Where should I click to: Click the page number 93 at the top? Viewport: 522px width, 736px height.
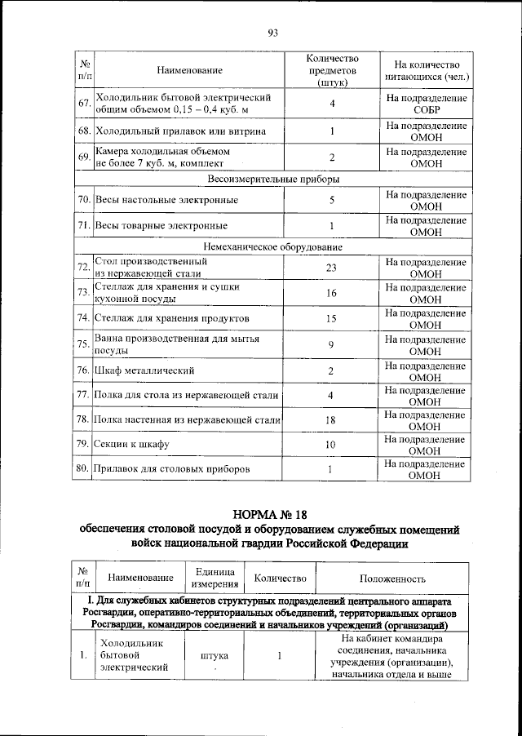click(x=272, y=33)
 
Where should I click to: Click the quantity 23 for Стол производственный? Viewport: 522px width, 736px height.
click(x=331, y=268)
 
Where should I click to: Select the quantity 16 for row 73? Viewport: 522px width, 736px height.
click(x=331, y=293)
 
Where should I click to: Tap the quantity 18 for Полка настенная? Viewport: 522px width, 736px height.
click(x=331, y=419)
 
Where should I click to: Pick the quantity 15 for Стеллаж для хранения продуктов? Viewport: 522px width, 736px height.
click(x=331, y=318)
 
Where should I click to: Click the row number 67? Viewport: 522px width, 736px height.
click(x=83, y=104)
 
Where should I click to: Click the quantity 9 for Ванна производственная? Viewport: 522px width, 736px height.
click(x=331, y=344)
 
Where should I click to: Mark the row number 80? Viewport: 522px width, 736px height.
click(x=83, y=469)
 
